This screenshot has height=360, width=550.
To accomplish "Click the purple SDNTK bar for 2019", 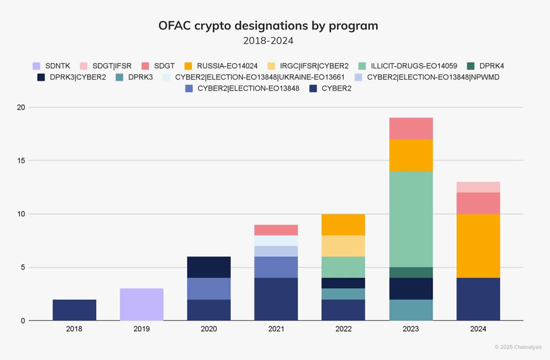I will (141, 304).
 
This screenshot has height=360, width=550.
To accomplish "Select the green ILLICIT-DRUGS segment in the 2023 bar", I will (411, 219).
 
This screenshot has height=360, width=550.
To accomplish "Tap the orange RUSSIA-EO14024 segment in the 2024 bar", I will (478, 246).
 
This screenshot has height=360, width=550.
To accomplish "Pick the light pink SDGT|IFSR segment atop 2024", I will (478, 187).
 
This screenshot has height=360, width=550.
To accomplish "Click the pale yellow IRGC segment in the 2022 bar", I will (343, 246).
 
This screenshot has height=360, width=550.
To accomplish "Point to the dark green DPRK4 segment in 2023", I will (411, 272).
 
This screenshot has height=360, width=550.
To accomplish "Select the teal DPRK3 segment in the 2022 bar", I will (343, 294).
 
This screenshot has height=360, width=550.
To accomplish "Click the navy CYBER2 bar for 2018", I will (74, 310).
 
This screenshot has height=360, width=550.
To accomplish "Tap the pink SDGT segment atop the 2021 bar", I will (276, 230).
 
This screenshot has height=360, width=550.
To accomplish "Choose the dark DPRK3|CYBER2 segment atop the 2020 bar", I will (209, 267).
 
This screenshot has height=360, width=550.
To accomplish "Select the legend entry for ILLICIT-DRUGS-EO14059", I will (406, 66).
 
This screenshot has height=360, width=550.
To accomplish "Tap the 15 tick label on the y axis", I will (22, 161).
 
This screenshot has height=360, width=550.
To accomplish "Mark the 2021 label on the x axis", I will (276, 329).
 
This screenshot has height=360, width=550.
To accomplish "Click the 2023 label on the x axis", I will (411, 329).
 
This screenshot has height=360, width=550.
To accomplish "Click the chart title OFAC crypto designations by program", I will (268, 26).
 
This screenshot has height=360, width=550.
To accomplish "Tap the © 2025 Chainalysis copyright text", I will (518, 347).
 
